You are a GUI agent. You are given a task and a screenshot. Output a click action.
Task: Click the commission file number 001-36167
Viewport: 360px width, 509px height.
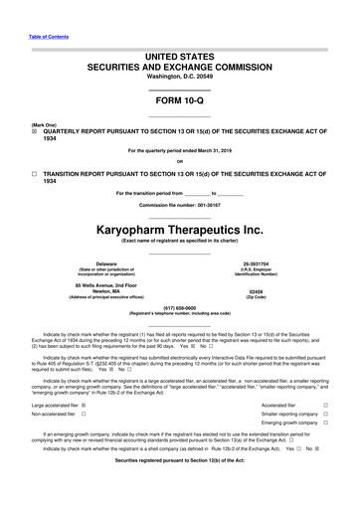point(212,205)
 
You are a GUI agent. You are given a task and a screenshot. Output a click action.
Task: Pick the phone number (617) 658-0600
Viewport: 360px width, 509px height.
point(179,307)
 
